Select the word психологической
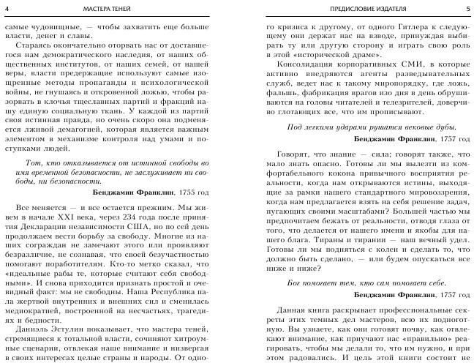point(164,84)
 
